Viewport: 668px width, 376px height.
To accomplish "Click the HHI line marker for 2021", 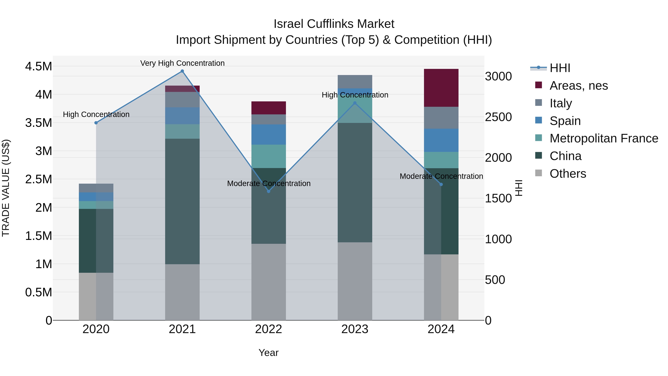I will pos(182,71).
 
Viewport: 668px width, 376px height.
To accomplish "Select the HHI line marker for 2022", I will pos(269,191).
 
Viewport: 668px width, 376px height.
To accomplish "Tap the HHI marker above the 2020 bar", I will pos(96,123).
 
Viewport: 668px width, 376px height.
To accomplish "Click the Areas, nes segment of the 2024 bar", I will pos(441,88).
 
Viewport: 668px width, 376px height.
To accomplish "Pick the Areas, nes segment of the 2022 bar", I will pos(269,108).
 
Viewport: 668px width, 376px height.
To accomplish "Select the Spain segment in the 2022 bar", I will pos(269,134).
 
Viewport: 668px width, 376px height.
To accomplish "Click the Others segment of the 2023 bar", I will pos(355,281).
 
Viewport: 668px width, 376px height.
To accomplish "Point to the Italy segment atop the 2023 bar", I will pos(355,82).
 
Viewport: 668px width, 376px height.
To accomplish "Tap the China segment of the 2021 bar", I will pos(182,201).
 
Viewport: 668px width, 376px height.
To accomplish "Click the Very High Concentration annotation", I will pos(182,63).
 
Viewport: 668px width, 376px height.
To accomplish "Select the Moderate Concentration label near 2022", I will pos(269,183).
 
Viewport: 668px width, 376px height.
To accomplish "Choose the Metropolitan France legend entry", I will pos(604,138).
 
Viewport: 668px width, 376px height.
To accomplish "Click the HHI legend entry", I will pos(560,68).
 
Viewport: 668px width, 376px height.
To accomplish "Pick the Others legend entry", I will pos(568,174).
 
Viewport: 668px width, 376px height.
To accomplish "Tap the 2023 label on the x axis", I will pos(355,329).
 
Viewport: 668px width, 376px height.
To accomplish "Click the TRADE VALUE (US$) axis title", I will pos(6,188).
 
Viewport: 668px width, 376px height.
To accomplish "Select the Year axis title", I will pos(268,353).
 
